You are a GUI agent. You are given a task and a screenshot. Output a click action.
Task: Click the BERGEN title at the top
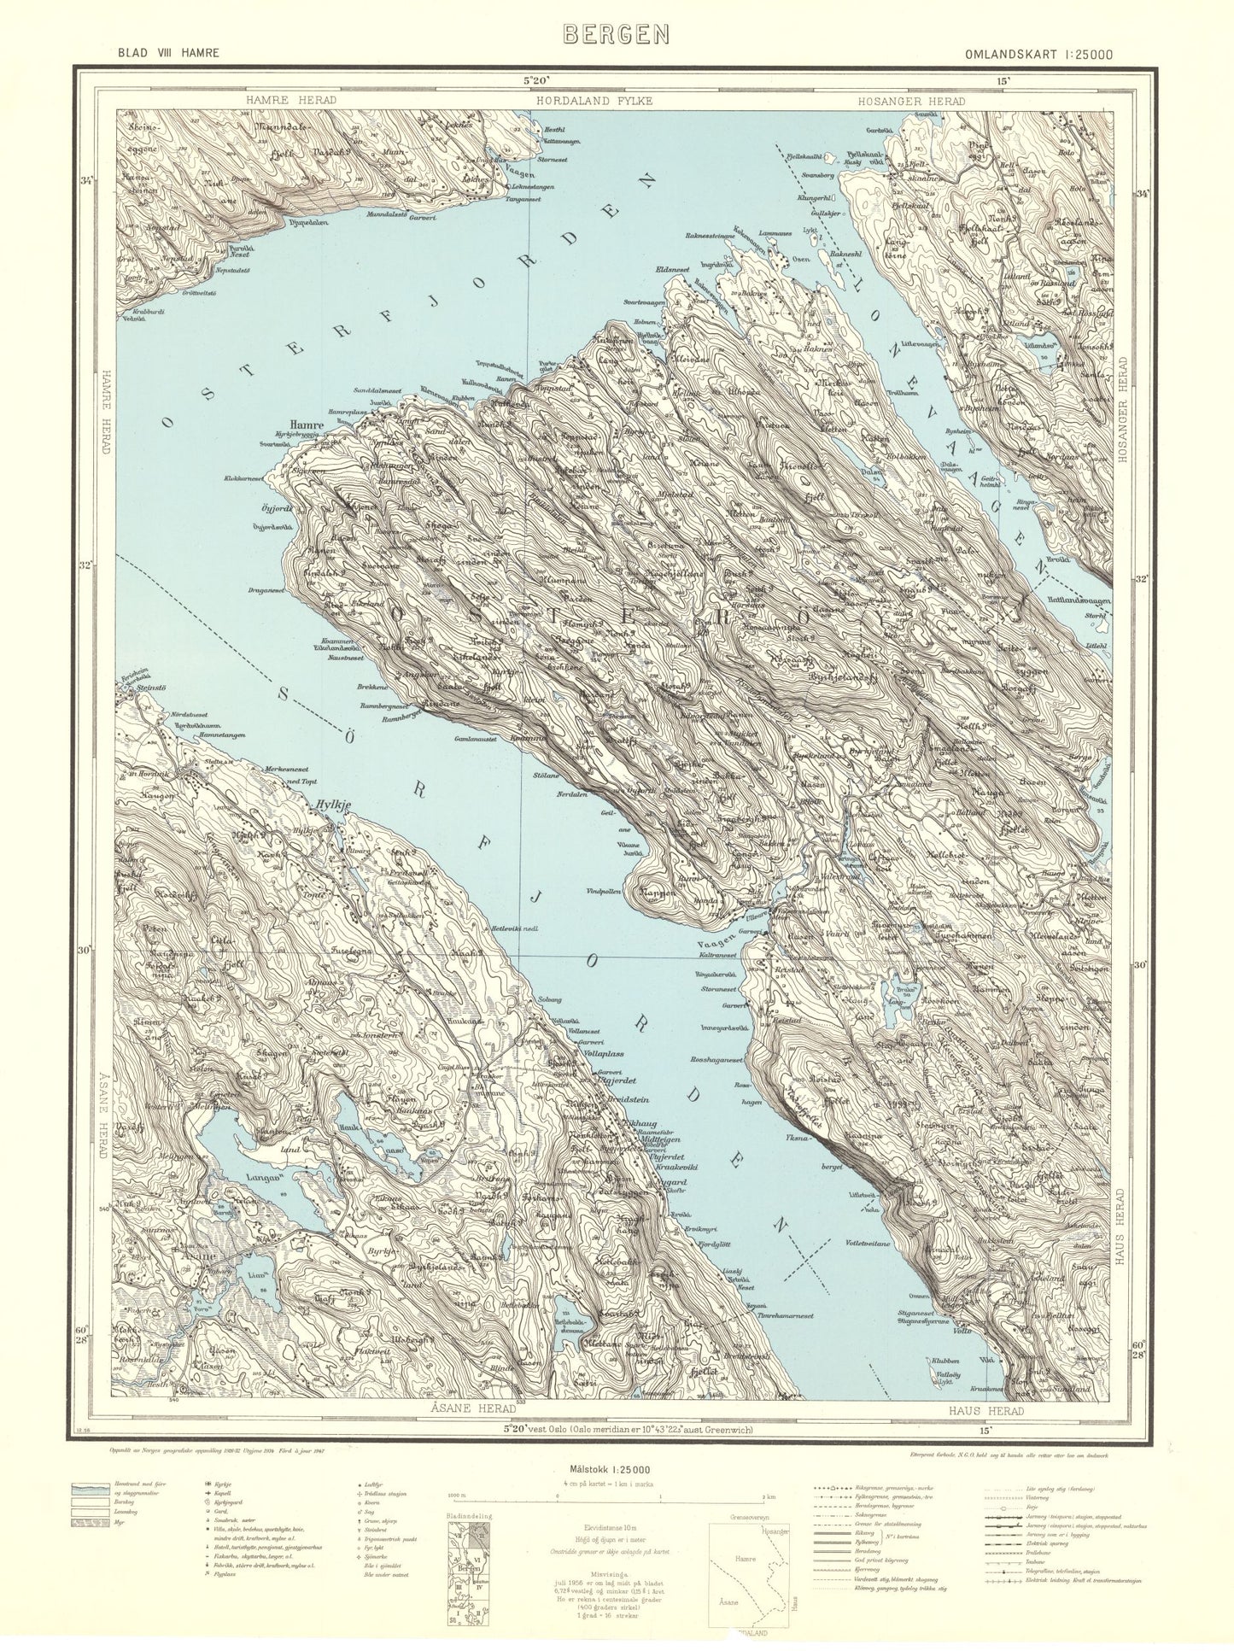pos(616,33)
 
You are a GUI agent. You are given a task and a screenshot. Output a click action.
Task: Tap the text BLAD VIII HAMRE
pos(169,53)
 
